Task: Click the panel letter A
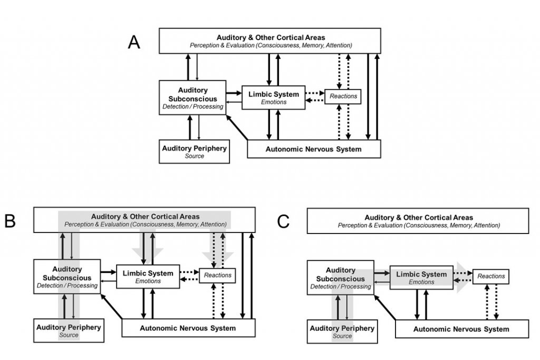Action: (x=134, y=42)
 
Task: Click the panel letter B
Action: (x=10, y=221)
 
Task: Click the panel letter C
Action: (x=283, y=222)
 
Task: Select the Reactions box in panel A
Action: (x=343, y=96)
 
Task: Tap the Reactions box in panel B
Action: (x=217, y=275)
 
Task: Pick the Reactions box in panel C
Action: (x=491, y=276)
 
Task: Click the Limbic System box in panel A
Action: (x=274, y=98)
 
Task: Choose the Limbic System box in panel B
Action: (x=148, y=277)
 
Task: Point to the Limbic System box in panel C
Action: (x=421, y=278)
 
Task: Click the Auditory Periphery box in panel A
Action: (x=194, y=151)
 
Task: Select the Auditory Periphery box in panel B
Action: (x=69, y=330)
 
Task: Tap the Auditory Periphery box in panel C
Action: (x=342, y=332)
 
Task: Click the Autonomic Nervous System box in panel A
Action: (x=314, y=149)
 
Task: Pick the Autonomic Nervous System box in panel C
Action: (x=462, y=329)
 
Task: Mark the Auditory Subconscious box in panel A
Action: (x=192, y=98)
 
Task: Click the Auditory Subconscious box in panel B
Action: (x=67, y=277)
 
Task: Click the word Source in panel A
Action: (x=195, y=156)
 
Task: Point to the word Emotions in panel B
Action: (x=148, y=281)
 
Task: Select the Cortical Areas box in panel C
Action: (x=418, y=221)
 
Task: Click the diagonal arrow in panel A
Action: (x=237, y=128)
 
